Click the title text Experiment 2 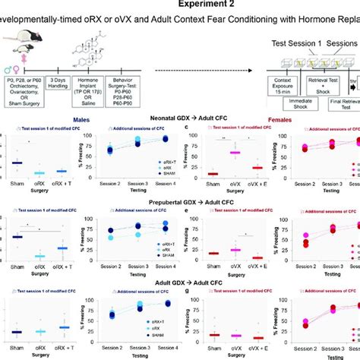pyautogui.click(x=179, y=6)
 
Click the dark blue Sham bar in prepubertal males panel pyautogui.click(x=18, y=237)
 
